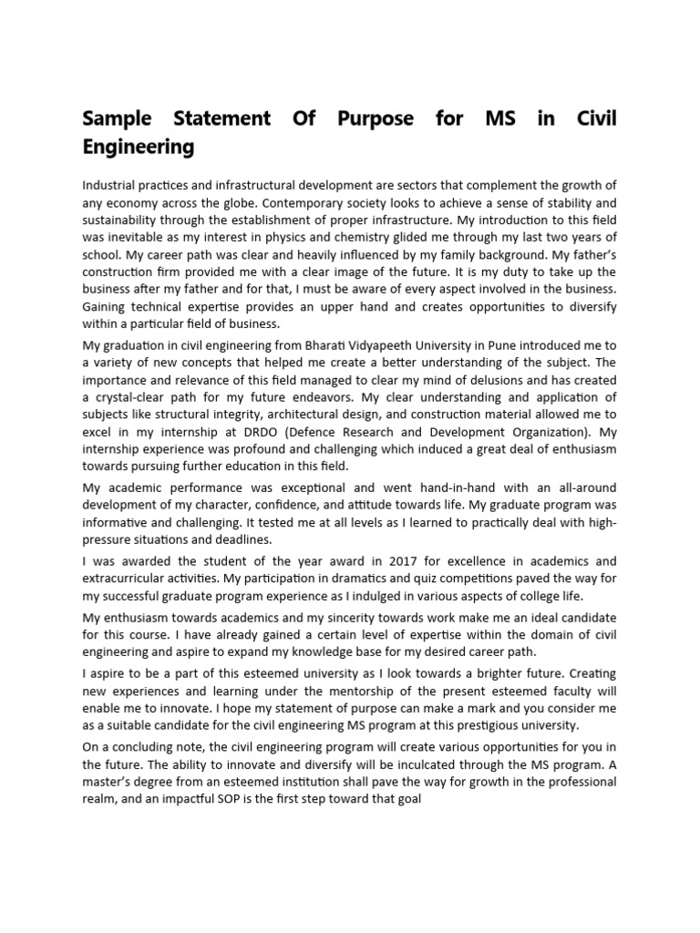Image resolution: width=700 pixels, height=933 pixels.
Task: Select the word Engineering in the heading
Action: (x=139, y=147)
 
